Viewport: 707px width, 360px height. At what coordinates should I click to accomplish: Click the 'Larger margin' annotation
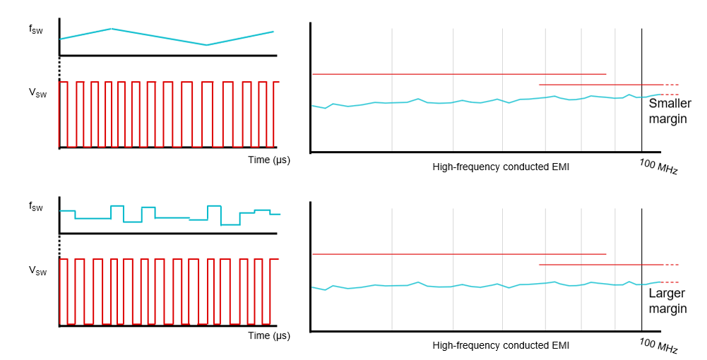(x=667, y=301)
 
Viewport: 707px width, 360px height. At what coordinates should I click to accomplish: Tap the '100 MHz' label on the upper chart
(x=658, y=167)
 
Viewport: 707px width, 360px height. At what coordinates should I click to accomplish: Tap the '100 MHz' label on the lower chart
(x=658, y=346)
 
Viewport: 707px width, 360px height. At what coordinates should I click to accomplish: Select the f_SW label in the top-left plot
(x=36, y=30)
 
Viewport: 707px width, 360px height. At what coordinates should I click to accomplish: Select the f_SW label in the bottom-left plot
(x=36, y=207)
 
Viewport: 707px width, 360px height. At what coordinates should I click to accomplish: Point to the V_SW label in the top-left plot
(x=37, y=93)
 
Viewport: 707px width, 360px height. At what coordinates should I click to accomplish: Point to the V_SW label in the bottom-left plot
(x=37, y=270)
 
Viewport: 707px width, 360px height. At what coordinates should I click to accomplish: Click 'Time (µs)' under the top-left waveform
(x=269, y=160)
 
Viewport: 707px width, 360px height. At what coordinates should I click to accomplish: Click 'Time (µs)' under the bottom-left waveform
(x=269, y=336)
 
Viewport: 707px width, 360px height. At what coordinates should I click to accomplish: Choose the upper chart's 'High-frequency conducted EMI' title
(x=501, y=167)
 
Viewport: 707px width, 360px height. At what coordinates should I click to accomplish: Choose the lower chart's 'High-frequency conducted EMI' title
(x=501, y=345)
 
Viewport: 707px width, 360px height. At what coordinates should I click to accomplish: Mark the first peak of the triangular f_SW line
(x=112, y=29)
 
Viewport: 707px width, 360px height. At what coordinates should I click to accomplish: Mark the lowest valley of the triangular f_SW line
(x=206, y=45)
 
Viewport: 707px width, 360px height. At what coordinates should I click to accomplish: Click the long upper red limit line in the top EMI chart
(x=459, y=74)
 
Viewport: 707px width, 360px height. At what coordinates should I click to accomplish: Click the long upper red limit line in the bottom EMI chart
(x=459, y=254)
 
